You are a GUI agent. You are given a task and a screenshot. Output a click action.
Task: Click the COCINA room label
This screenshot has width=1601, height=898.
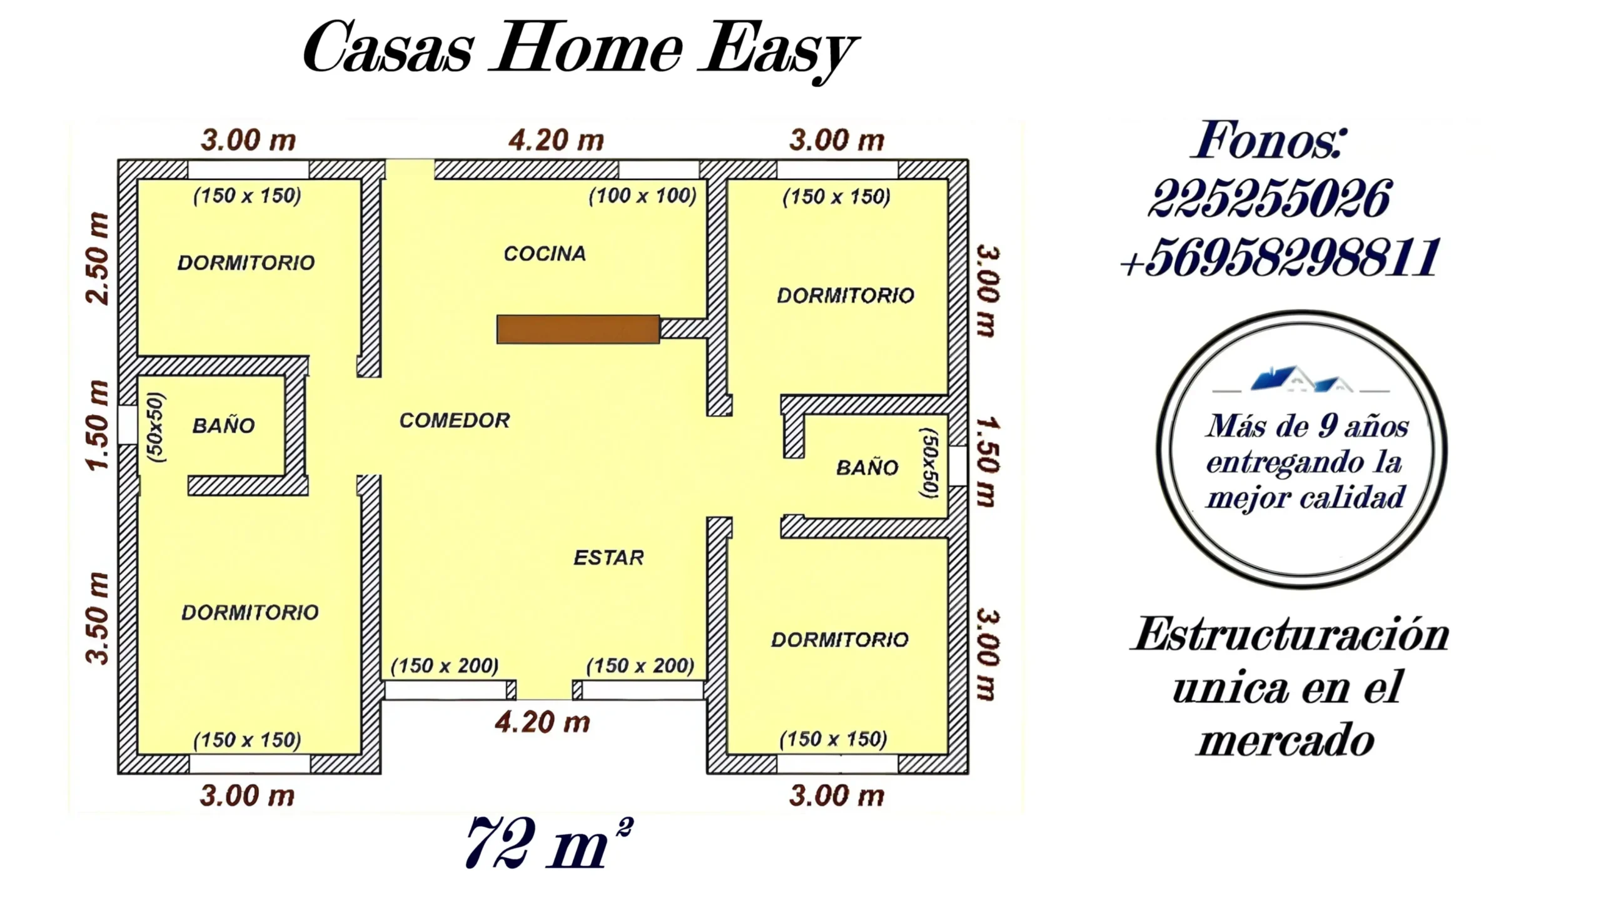click(x=545, y=253)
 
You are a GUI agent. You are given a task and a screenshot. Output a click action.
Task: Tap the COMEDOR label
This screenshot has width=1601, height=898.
click(x=455, y=420)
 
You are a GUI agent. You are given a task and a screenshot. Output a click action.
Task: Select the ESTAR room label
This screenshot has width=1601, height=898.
click(x=609, y=557)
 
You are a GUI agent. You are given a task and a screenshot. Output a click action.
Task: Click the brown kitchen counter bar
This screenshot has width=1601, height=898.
click(x=578, y=329)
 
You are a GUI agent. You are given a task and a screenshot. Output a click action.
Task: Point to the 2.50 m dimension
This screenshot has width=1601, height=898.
click(x=99, y=258)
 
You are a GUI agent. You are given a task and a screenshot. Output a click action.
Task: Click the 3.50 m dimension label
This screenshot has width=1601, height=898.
click(x=99, y=618)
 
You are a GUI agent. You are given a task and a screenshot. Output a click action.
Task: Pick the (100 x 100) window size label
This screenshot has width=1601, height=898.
click(x=642, y=196)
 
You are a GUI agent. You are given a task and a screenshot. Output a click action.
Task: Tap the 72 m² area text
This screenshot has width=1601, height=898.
click(x=550, y=843)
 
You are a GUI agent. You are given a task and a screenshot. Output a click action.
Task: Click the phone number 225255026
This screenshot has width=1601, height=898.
click(x=1270, y=199)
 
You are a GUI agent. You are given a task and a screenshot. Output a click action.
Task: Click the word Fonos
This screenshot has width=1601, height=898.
click(x=1269, y=139)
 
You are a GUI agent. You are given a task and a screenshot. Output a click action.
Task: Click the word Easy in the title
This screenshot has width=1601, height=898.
click(x=779, y=50)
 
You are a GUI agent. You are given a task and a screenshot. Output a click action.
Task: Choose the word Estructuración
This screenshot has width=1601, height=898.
click(x=1290, y=635)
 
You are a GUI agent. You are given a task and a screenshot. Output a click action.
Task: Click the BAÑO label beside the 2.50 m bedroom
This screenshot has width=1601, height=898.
click(x=223, y=426)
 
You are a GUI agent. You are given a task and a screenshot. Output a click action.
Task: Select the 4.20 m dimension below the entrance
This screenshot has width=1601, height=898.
click(x=542, y=722)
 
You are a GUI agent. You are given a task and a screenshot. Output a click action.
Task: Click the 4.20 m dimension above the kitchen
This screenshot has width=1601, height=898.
click(x=556, y=140)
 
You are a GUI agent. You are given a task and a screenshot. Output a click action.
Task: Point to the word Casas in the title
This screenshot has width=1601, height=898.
click(x=387, y=48)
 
